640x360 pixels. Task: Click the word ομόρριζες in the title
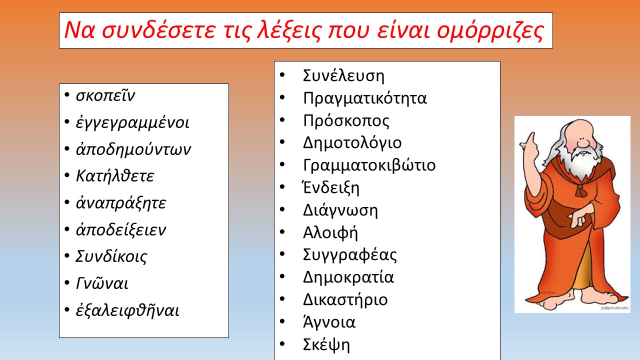(490, 31)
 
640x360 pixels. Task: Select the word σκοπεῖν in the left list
(105, 95)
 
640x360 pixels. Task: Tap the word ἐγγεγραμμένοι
(132, 123)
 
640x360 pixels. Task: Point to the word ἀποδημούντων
(133, 149)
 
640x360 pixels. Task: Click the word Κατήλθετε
(115, 175)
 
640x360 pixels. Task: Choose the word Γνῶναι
(102, 283)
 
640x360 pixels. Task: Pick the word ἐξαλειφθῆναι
(127, 310)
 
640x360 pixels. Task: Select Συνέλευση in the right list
(343, 75)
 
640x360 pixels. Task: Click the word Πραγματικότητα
(365, 98)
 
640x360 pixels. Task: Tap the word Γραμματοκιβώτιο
(369, 165)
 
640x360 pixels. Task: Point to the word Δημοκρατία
(348, 277)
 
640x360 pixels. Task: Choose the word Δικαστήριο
(345, 299)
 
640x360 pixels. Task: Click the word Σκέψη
(326, 345)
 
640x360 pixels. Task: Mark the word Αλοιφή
(330, 233)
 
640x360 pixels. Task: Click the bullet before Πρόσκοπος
(282, 120)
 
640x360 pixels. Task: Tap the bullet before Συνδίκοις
(67, 255)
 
